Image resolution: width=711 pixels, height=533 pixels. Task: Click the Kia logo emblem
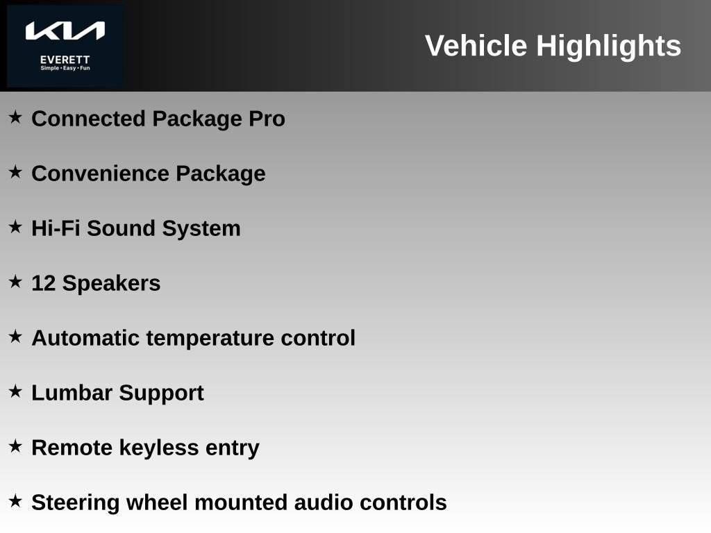(65, 31)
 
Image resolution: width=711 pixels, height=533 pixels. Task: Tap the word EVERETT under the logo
(65, 60)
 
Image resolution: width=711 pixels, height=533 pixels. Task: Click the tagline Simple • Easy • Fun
(65, 69)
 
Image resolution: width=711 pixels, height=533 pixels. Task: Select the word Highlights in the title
(608, 46)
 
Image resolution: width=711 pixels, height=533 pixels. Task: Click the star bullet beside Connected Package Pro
(15, 117)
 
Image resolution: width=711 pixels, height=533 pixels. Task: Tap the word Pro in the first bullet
(267, 119)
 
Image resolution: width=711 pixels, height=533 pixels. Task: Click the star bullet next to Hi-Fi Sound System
(15, 227)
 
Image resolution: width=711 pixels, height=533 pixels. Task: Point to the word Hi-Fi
(56, 228)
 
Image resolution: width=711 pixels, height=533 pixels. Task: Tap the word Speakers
(111, 284)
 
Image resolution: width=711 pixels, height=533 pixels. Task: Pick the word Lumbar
(72, 393)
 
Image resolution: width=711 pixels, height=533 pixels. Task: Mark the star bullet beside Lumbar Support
(15, 391)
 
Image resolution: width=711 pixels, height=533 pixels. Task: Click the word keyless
(158, 448)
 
